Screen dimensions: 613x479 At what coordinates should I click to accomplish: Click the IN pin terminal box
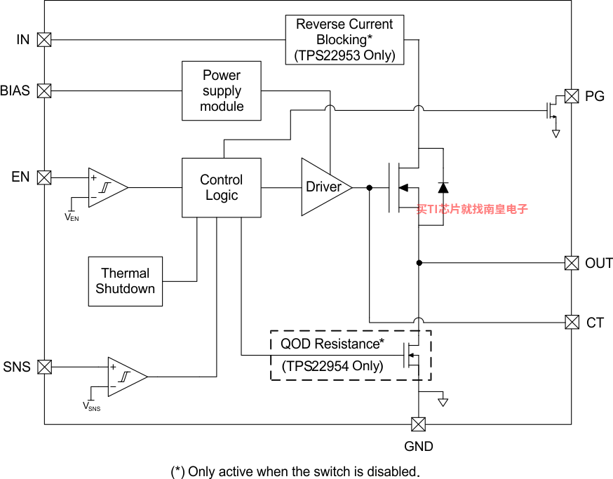point(44,39)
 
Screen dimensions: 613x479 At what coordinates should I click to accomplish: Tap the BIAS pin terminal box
point(44,90)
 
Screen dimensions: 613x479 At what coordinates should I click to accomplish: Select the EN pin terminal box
point(44,177)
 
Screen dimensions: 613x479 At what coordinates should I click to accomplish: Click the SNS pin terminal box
point(44,367)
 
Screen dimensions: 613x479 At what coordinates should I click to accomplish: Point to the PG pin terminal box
point(572,96)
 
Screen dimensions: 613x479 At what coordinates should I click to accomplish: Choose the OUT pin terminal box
point(572,263)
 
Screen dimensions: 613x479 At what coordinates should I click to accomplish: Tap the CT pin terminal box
point(572,323)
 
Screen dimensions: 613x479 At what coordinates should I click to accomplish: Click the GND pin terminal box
point(418,424)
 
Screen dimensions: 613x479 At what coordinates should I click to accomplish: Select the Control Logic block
point(221,188)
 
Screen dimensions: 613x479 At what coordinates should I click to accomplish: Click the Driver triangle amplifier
point(326,187)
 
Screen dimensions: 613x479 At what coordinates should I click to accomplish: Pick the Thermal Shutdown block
point(125,281)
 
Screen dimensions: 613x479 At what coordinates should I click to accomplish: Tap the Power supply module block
point(221,90)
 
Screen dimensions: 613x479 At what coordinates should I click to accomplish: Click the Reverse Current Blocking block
point(344,40)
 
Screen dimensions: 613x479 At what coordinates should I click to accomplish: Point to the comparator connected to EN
point(108,188)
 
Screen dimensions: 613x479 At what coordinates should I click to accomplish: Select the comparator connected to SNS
point(128,377)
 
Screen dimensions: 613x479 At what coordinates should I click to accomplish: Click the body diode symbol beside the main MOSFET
point(443,188)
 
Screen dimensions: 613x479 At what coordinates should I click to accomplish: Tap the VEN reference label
point(72,217)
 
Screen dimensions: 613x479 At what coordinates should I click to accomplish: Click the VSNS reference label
point(91,406)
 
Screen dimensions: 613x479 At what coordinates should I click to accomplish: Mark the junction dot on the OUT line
point(419,263)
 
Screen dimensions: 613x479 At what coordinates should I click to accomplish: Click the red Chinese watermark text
point(472,209)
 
